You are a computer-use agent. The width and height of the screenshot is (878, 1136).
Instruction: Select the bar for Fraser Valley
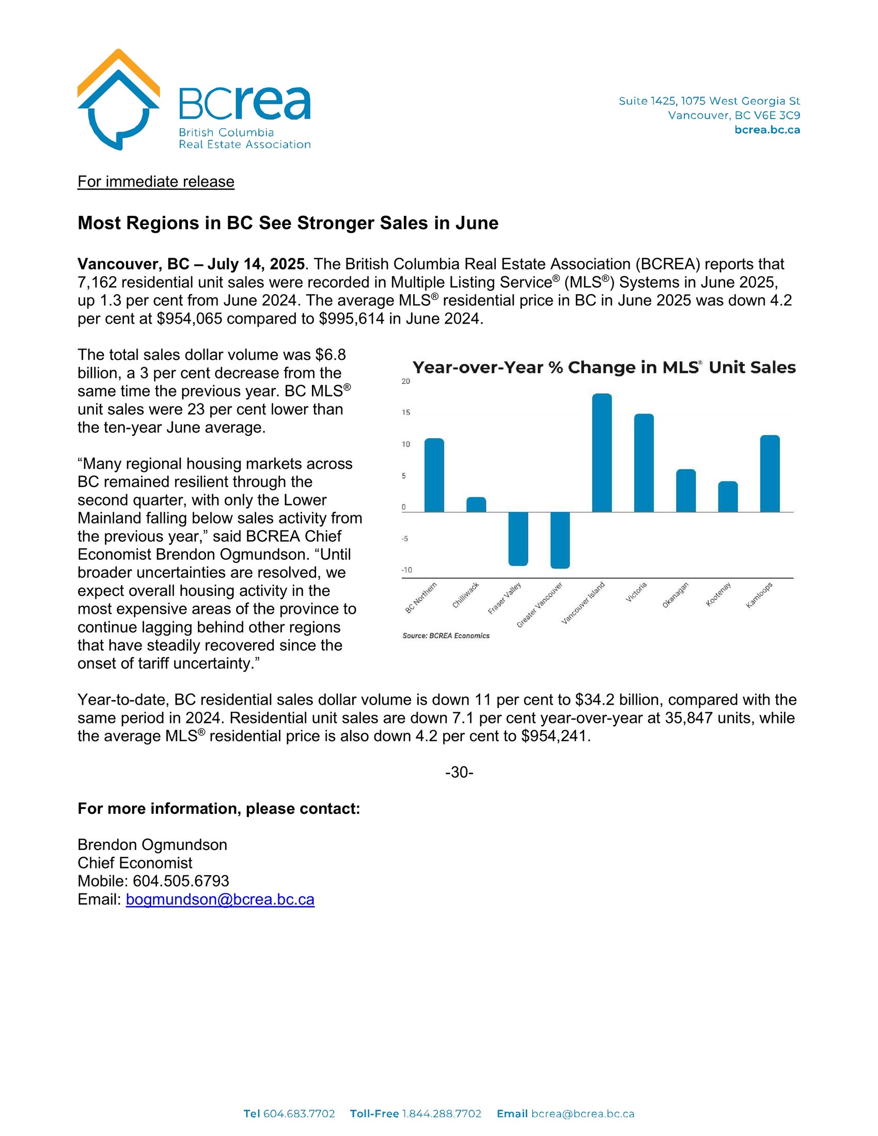(518, 539)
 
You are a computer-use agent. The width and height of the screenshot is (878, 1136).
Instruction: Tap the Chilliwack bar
(476, 504)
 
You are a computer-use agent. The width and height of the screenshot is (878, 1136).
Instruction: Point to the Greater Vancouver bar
(560, 540)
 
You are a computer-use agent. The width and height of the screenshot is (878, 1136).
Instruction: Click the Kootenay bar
(728, 497)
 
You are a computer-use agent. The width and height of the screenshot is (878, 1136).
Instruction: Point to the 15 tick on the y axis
(406, 413)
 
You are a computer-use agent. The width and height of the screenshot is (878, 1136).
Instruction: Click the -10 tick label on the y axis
(406, 570)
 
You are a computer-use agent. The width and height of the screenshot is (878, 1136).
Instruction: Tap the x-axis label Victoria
(636, 592)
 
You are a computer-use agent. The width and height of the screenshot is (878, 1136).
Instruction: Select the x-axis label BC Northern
(421, 598)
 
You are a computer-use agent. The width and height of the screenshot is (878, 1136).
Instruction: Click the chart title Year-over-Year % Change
(604, 368)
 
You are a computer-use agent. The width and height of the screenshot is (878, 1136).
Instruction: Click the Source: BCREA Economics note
(446, 636)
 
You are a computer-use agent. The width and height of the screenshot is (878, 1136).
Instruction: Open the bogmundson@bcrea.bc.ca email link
(220, 900)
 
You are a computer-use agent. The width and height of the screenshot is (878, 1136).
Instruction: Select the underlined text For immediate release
(156, 182)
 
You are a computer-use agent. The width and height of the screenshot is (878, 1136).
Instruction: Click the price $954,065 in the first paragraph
(190, 318)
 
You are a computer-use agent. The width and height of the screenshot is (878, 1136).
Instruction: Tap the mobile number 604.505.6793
(181, 881)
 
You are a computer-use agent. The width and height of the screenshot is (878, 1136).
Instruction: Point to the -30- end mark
(459, 772)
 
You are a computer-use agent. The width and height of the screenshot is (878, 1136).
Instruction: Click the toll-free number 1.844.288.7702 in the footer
(441, 1114)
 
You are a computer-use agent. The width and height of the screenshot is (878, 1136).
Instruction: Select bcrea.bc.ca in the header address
(767, 130)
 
